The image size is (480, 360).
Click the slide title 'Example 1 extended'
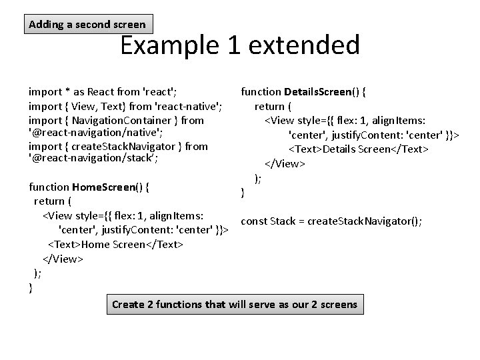pos(239,45)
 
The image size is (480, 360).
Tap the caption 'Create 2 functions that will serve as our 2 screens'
pos(234,305)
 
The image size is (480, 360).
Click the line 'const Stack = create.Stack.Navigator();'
pos(331,221)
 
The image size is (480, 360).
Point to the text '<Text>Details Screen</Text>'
pos(357,149)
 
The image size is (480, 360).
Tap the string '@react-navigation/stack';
pos(93,159)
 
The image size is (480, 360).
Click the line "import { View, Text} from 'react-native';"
pos(125,106)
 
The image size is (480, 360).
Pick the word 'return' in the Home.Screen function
pos(49,201)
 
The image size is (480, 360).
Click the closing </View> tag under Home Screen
pos(63,259)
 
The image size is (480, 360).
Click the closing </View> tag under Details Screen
pos(285,163)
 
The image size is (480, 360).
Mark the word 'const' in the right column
pos(253,221)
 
